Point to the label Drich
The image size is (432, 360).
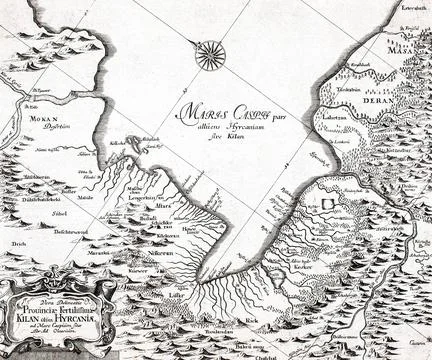(x=18, y=243)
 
